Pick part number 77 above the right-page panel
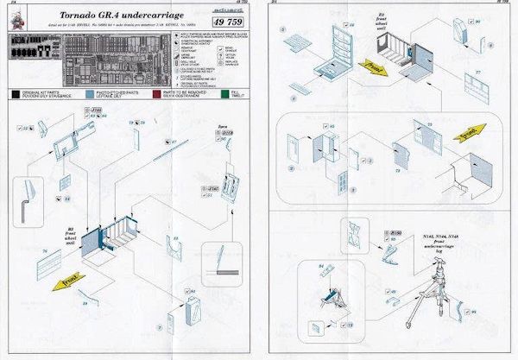[477, 75]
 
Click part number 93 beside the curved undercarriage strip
[499, 311]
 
